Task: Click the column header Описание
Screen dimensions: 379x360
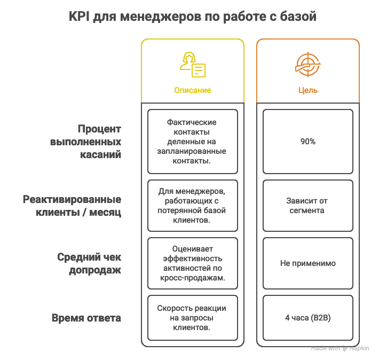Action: [x=193, y=90]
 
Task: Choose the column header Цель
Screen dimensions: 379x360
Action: [x=307, y=90]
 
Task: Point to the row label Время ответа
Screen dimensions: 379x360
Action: [x=86, y=318]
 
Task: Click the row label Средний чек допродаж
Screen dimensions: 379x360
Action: [x=89, y=263]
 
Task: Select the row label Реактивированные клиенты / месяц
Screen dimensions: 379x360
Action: [x=72, y=206]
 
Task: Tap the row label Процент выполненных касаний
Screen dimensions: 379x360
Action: [x=85, y=142]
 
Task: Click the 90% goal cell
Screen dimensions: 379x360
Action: [x=307, y=142]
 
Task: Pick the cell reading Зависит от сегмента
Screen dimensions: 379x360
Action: [x=307, y=206]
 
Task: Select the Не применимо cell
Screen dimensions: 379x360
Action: [x=307, y=263]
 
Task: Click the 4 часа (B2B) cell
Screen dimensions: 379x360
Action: [x=307, y=318]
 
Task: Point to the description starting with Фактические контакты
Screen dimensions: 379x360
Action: [x=193, y=142]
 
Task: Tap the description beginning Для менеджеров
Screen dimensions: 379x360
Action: [x=193, y=206]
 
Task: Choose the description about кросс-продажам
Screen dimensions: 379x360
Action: [x=193, y=263]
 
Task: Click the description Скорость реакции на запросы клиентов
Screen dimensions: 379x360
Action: [x=193, y=318]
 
